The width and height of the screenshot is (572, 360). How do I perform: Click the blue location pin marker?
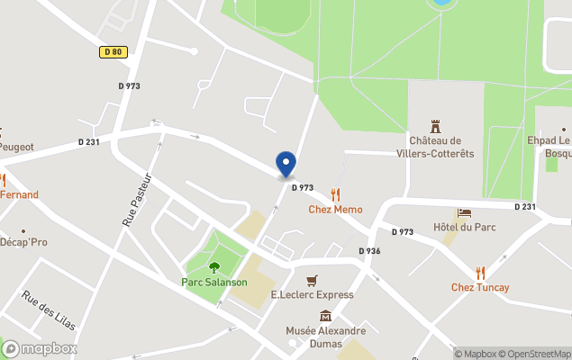286,164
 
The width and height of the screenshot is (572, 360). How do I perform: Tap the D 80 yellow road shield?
112,52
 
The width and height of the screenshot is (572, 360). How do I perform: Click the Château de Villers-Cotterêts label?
435,147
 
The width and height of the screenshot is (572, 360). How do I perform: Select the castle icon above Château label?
436,125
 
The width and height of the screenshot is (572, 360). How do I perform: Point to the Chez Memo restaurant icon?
336,193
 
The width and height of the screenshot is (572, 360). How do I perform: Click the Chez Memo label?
335,210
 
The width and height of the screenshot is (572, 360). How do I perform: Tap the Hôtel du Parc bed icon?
464,212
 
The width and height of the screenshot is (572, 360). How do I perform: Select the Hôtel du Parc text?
464,227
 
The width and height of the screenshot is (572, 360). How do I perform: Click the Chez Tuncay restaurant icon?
480,272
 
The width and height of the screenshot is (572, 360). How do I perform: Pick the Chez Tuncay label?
480,288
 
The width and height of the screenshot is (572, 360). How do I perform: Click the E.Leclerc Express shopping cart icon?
312,280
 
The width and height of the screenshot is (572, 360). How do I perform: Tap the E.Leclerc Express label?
312,295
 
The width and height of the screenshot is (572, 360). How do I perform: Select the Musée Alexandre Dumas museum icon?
325,316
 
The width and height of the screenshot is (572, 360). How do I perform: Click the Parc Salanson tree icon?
214,266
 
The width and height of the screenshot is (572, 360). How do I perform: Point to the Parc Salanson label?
214,282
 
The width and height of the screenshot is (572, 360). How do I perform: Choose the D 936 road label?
369,251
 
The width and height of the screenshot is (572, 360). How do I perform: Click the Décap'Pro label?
24,242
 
